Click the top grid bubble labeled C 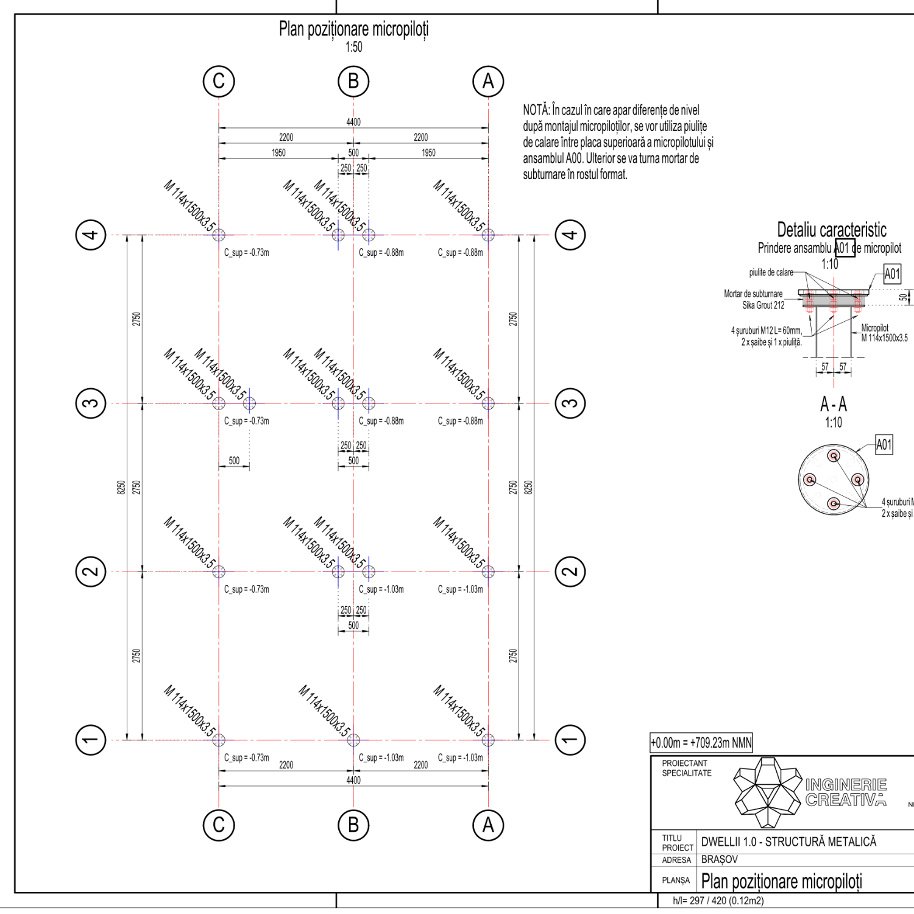219,81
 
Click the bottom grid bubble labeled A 488,825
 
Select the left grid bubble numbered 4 91,235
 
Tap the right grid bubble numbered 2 570,572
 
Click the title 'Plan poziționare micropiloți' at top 353,29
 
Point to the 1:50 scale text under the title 353,47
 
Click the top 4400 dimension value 353,122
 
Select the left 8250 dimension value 121,487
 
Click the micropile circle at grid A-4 488,235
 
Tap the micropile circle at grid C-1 219,740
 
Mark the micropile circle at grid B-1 353,740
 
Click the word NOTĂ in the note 536,110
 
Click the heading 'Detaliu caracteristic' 831,230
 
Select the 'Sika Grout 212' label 763,305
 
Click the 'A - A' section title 833,404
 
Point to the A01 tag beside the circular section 884,445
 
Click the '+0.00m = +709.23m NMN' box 701,743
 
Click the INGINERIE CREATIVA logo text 846,792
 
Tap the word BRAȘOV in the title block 720,859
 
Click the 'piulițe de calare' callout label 771,272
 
